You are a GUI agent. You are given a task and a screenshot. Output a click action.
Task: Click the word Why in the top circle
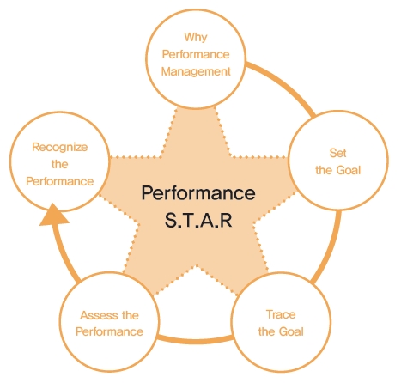pyautogui.click(x=196, y=38)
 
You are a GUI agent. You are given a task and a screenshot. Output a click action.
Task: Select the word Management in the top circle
pyautogui.click(x=196, y=71)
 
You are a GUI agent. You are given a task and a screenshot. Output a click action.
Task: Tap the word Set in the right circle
pyautogui.click(x=337, y=153)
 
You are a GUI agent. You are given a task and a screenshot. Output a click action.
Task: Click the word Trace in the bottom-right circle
pyautogui.click(x=281, y=314)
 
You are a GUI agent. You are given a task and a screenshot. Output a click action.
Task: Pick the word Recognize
pyautogui.click(x=60, y=147)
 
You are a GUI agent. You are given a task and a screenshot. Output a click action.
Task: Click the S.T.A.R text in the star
pyautogui.click(x=198, y=220)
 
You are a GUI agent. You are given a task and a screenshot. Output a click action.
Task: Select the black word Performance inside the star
pyautogui.click(x=198, y=192)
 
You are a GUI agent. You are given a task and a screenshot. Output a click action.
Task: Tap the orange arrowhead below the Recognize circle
pyautogui.click(x=53, y=216)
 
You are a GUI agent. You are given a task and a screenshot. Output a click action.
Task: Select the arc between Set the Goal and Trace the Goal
pyautogui.click(x=331, y=248)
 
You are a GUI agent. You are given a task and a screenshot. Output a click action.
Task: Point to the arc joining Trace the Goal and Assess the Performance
pyautogui.click(x=195, y=340)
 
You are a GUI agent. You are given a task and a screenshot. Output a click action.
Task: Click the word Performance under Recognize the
pyautogui.click(x=60, y=181)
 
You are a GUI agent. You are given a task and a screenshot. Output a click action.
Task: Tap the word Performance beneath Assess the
pyautogui.click(x=109, y=331)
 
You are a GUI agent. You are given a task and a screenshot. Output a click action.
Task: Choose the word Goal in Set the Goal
pyautogui.click(x=349, y=170)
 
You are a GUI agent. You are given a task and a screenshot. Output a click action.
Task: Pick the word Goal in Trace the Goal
pyautogui.click(x=291, y=331)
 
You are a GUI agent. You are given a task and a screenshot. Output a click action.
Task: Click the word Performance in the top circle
pyautogui.click(x=196, y=54)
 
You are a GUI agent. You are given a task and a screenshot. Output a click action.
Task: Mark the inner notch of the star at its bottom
pyautogui.click(x=197, y=266)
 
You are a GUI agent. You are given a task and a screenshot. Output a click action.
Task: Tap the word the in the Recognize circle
pyautogui.click(x=60, y=164)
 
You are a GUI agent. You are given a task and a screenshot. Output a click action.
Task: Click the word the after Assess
pyautogui.click(x=131, y=315)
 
